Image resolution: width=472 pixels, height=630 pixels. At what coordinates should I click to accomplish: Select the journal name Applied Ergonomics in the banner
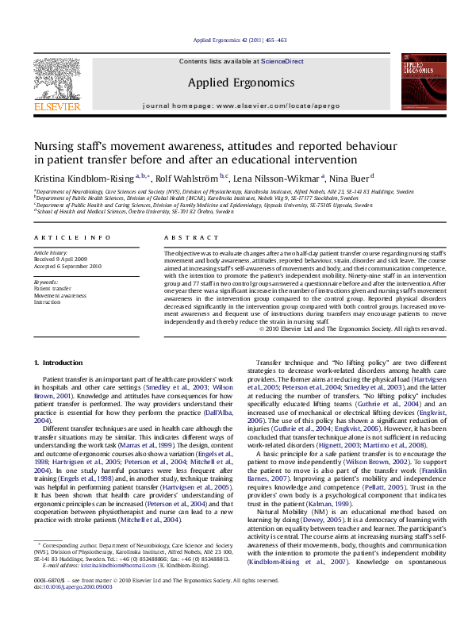pos(236,81)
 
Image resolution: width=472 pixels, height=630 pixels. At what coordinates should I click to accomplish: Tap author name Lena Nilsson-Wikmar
pos(289,177)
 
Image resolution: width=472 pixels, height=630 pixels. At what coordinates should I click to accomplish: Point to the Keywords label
pos(46,282)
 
